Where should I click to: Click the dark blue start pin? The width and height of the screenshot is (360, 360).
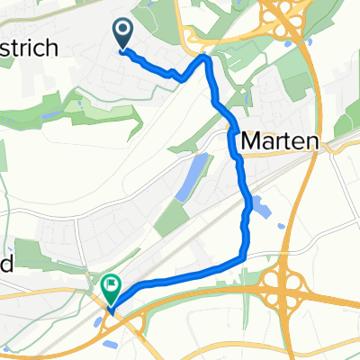tap(123, 33)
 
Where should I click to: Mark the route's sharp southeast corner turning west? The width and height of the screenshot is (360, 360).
tap(243, 258)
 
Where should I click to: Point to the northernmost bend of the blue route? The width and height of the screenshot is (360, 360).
tap(206, 58)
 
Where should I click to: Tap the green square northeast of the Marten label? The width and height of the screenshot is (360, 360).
tap(294, 85)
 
